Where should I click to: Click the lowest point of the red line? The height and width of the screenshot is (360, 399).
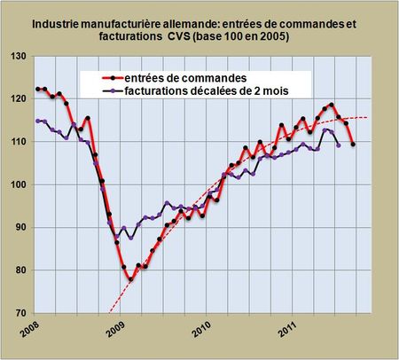pos(131,279)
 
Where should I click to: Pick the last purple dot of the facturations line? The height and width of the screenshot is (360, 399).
pos(339,145)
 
